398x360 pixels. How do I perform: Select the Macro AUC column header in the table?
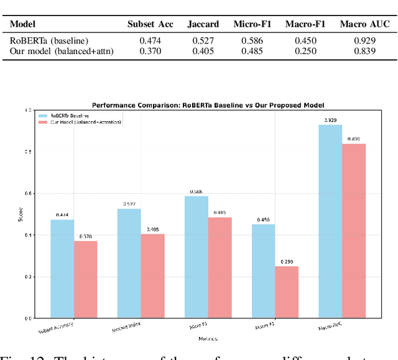click(x=364, y=24)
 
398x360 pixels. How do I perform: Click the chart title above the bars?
click(x=208, y=105)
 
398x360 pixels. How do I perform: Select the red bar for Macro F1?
click(x=287, y=292)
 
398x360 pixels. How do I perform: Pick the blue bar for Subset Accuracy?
click(x=62, y=269)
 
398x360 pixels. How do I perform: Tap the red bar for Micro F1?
click(x=220, y=267)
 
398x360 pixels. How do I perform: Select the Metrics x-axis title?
click(x=208, y=338)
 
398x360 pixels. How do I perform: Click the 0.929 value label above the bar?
click(x=330, y=119)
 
